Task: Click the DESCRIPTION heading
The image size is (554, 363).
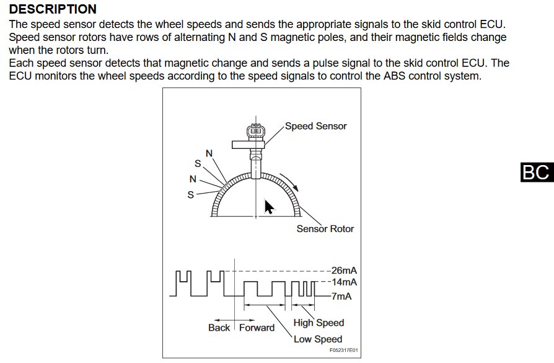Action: click(53, 9)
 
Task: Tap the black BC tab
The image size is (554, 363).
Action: click(537, 173)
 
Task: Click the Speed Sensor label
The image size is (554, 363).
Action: click(316, 126)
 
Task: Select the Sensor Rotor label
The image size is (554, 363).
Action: click(325, 228)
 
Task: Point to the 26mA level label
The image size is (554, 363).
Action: click(344, 271)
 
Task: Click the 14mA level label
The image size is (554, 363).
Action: click(344, 282)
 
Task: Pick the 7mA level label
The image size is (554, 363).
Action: click(341, 296)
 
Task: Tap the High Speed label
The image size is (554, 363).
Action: click(319, 323)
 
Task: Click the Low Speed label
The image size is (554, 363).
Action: click(318, 339)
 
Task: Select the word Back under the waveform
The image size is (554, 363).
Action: click(219, 328)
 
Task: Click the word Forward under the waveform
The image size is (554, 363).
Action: click(257, 328)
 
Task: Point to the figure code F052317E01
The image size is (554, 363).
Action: click(344, 350)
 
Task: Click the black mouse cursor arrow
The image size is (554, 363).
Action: click(269, 207)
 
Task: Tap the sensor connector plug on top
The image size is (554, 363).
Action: click(256, 131)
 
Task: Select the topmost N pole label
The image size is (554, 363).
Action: click(209, 153)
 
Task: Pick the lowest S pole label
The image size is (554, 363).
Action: click(191, 195)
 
